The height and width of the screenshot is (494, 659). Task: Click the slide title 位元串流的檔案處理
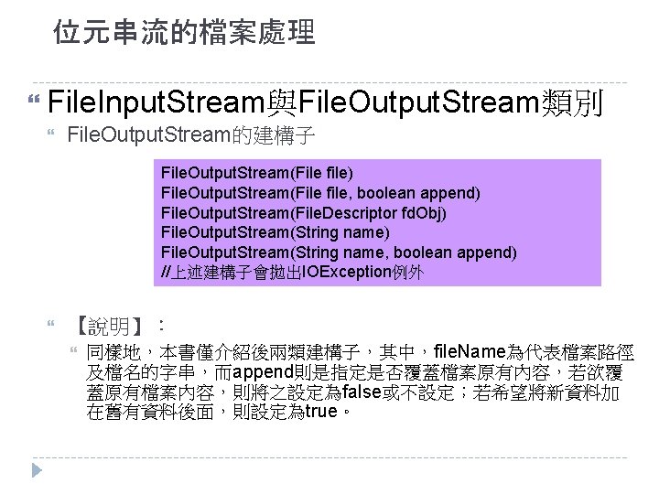click(x=183, y=34)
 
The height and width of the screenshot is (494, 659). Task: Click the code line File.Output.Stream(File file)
click(x=257, y=172)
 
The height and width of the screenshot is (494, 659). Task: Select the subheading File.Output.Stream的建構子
click(x=192, y=138)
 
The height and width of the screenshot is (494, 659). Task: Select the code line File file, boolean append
click(x=320, y=192)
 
